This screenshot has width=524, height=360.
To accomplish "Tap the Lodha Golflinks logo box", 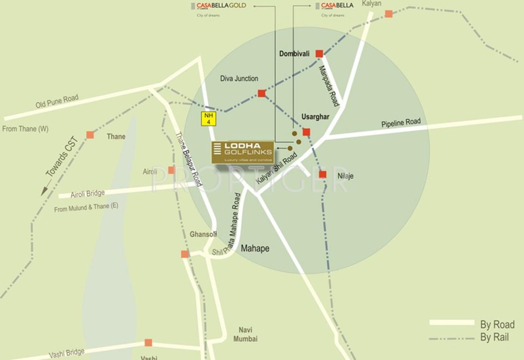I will coord(243,152).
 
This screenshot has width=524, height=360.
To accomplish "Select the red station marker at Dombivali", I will coord(319,53).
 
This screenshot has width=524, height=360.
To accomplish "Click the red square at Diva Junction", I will coord(262,93).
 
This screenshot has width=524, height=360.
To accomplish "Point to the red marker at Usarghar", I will coord(306,132).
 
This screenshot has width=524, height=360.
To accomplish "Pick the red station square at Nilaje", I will coord(323,174).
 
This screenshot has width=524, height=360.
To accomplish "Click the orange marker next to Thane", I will coord(90,135).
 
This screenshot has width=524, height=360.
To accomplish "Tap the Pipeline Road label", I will coord(401,123).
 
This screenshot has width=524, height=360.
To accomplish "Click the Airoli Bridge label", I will coord(88,194).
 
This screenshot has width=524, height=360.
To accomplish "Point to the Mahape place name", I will coord(255,248).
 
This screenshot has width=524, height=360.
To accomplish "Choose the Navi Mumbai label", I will coord(248,334).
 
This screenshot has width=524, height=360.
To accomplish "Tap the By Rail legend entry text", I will coord(494,337).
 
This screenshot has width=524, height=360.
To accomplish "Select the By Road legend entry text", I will coord(497,324).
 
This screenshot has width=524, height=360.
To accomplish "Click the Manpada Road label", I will coord(328,85).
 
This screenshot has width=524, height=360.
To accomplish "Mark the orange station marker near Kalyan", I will coord(388,14).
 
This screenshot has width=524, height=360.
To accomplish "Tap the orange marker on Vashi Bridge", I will coord(148,343).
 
